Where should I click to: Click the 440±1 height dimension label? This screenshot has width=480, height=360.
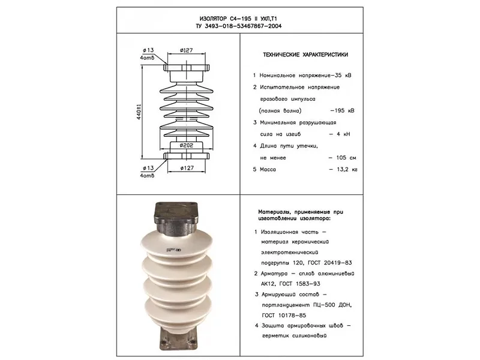139,112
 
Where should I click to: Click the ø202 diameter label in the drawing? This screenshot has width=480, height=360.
187,145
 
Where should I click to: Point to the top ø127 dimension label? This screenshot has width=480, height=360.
187,50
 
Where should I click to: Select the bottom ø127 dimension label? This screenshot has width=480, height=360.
187,168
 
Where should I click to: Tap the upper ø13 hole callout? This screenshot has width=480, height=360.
148,50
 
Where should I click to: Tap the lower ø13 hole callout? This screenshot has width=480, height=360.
148,168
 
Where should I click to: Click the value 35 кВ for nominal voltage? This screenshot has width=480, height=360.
343,76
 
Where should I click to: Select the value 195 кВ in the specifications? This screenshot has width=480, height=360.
344,110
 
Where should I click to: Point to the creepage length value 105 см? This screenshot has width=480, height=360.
346,158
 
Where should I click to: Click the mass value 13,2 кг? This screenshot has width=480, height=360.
347,169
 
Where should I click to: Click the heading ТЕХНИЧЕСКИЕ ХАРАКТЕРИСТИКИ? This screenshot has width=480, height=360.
305,55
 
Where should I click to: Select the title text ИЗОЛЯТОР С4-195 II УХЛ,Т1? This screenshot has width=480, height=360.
238,19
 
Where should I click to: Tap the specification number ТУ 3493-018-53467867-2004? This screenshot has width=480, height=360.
238,26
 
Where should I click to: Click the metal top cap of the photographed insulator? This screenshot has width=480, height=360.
176,218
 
